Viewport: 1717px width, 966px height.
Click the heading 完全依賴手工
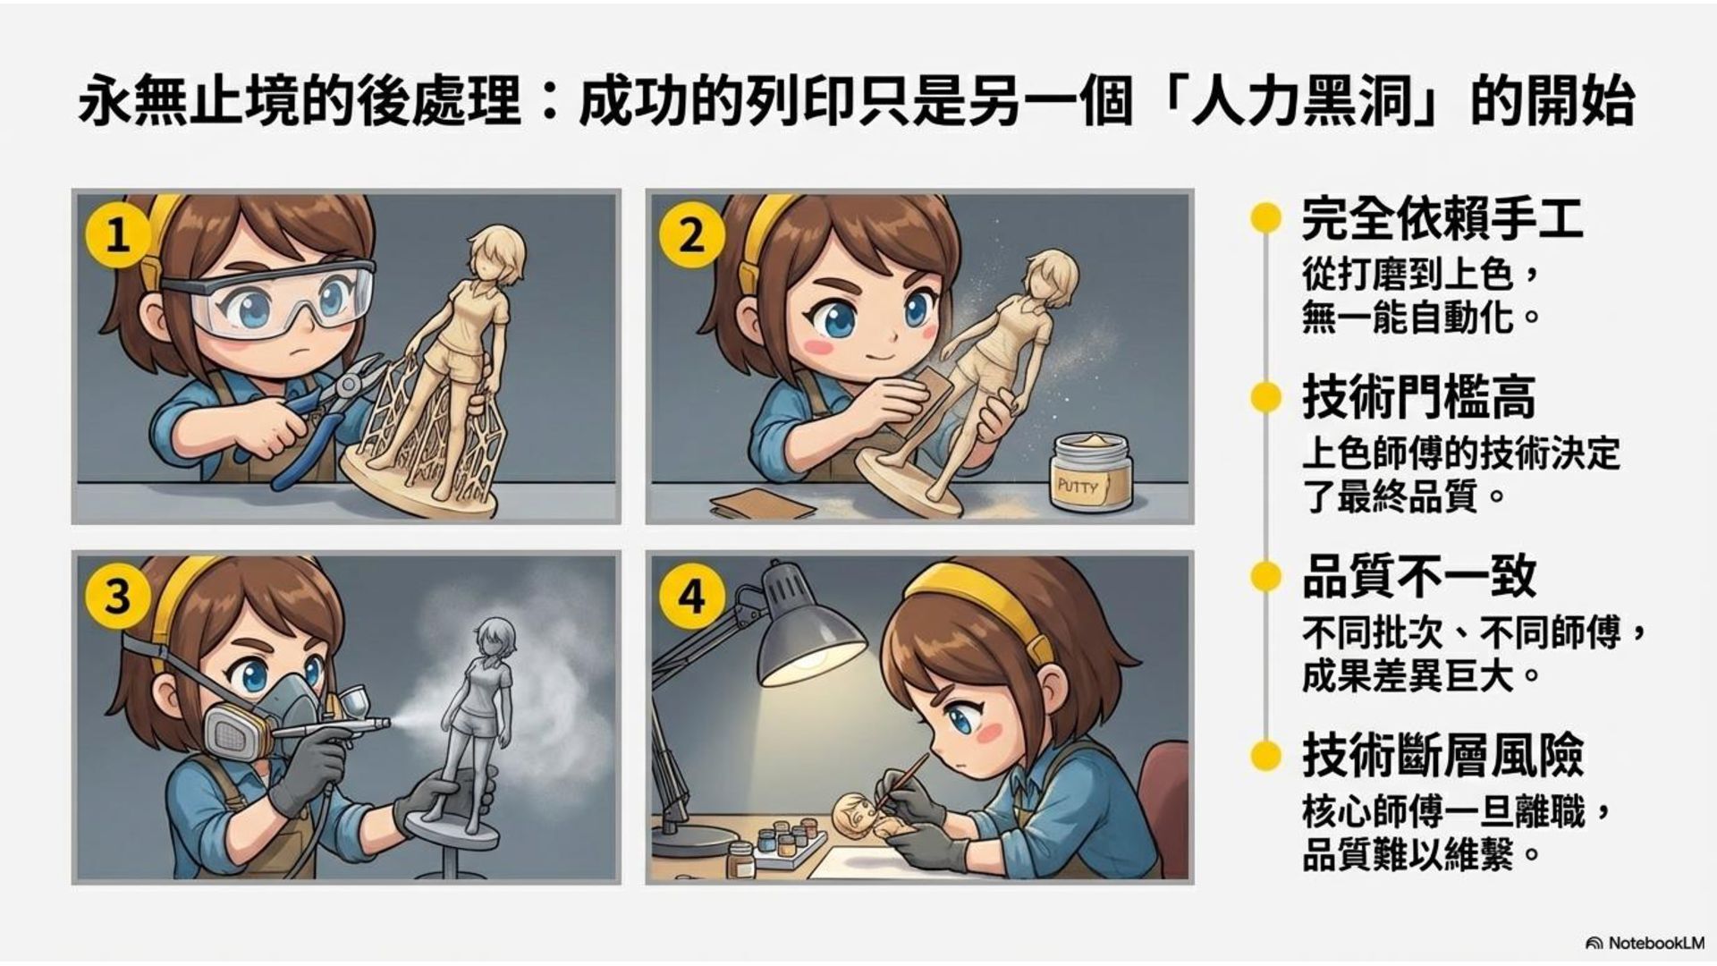(x=1442, y=219)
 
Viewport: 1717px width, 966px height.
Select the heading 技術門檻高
(x=1418, y=398)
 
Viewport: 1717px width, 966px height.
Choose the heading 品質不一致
(x=1418, y=577)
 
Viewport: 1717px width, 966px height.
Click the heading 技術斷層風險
(x=1442, y=756)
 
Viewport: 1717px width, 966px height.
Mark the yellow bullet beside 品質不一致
(x=1264, y=577)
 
